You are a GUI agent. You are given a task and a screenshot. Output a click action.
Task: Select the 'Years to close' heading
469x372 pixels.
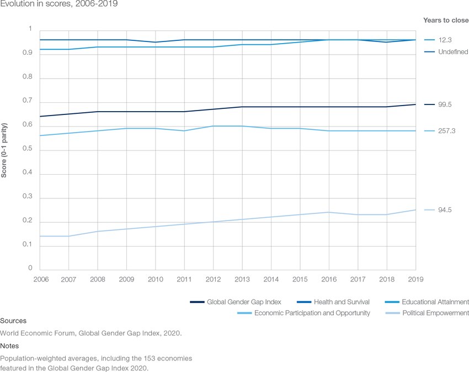tap(445, 20)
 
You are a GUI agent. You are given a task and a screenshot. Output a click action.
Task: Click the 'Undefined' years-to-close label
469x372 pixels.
tap(453, 52)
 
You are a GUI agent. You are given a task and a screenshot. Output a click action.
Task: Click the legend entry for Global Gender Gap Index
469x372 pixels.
tap(244, 302)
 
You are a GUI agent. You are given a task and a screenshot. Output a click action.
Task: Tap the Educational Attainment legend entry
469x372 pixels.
tap(435, 302)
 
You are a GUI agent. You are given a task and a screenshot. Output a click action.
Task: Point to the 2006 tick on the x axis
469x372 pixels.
tap(41, 279)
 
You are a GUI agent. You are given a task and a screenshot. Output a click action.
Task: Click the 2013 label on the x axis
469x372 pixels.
tap(242, 279)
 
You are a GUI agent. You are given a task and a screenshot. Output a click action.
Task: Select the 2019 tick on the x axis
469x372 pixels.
tap(415, 279)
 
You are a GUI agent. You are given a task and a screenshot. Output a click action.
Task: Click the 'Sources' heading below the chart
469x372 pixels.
tap(13, 321)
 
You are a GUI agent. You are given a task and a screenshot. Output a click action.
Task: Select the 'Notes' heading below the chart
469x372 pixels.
tap(10, 346)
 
